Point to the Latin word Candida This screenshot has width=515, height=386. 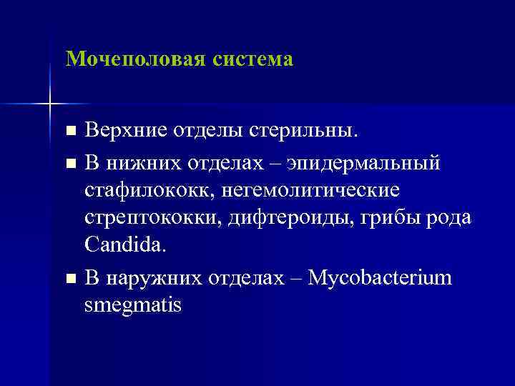[x=124, y=246]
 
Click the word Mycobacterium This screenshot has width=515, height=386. [x=383, y=277]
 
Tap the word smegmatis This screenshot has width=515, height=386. [x=133, y=305]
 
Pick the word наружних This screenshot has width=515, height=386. [x=155, y=277]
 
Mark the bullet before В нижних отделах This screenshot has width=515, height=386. [x=69, y=164]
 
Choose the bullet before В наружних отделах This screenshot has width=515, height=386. [x=69, y=277]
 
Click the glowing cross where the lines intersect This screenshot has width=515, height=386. [x=50, y=104]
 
